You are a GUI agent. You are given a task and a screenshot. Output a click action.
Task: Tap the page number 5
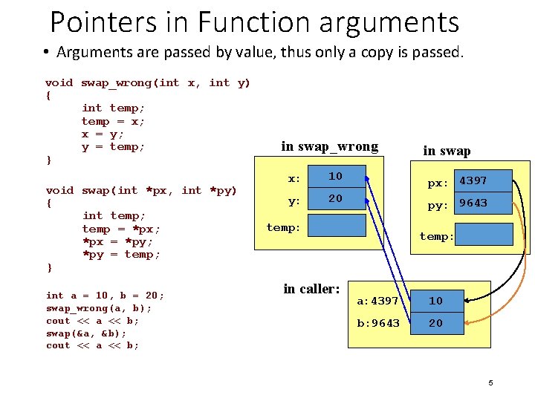[490, 382]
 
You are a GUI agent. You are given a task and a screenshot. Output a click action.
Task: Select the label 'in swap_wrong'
[329, 146]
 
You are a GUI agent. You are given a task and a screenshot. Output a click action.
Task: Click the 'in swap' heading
[447, 151]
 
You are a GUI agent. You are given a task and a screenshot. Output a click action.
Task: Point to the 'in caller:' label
[311, 288]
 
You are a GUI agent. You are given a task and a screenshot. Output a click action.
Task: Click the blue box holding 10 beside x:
[336, 177]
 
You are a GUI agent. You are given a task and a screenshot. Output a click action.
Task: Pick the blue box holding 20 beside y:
[336, 199]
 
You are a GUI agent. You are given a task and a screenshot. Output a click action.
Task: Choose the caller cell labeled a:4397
[377, 301]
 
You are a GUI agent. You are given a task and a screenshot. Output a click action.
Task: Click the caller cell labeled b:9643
[377, 323]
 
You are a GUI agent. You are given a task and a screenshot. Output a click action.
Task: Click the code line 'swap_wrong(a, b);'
[99, 308]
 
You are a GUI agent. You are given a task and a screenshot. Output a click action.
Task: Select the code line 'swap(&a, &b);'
[85, 333]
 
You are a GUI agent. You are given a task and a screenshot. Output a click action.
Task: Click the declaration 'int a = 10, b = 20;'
[105, 296]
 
